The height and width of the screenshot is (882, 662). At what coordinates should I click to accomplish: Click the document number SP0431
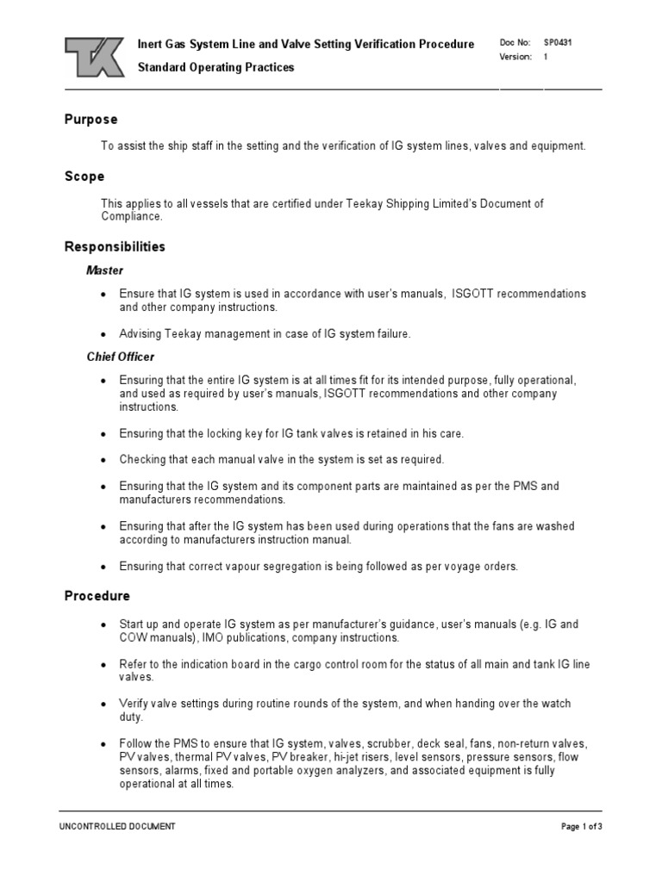click(x=556, y=42)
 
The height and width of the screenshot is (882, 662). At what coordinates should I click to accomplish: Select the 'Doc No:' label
click(x=515, y=42)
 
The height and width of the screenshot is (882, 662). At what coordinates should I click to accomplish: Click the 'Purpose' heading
click(x=91, y=120)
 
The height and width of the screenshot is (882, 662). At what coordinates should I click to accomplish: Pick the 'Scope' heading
click(x=84, y=177)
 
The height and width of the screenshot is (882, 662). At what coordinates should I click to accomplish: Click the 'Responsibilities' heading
click(x=115, y=247)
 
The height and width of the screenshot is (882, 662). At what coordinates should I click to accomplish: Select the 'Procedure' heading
click(x=97, y=596)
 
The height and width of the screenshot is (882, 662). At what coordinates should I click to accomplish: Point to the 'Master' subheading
click(x=104, y=270)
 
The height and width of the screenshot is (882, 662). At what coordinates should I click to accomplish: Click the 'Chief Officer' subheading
click(x=121, y=357)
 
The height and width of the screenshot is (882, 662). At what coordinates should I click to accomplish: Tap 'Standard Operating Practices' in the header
click(x=216, y=67)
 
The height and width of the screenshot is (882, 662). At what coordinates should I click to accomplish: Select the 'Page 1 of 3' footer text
click(x=581, y=827)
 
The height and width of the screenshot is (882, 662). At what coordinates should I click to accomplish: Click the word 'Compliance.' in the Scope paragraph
click(x=131, y=217)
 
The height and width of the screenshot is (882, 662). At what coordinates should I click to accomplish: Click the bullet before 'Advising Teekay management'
click(x=103, y=335)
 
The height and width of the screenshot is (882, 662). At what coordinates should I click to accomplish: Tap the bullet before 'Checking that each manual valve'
click(x=103, y=460)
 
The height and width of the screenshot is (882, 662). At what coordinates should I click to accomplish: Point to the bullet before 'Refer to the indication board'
click(x=103, y=665)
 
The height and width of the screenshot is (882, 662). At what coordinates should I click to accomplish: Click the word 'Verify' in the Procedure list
click(x=134, y=704)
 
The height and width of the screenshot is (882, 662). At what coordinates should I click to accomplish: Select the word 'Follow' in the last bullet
click(x=134, y=743)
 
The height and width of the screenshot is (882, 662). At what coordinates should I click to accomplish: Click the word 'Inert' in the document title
click(x=152, y=44)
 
